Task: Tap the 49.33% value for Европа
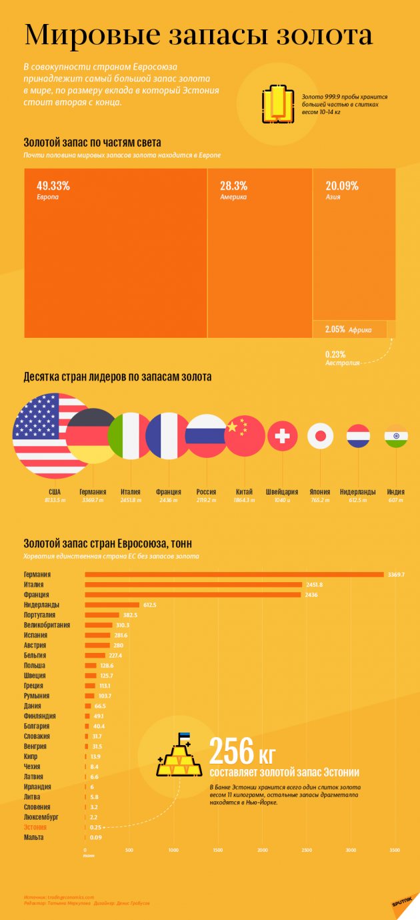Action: pos(53,186)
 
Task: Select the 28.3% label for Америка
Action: pos(234,186)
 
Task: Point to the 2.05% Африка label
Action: pos(347,329)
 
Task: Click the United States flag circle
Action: pos(52,436)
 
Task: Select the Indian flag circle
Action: pos(396,437)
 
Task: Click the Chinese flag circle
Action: pos(245,436)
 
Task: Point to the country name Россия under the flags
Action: pos(206,491)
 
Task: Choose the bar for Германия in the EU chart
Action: pos(234,574)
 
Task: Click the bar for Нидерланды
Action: pos(112,604)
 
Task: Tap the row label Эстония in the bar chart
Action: pos(35,827)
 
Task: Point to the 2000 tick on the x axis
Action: pos(262,851)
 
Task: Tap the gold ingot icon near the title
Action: pos(277,103)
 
